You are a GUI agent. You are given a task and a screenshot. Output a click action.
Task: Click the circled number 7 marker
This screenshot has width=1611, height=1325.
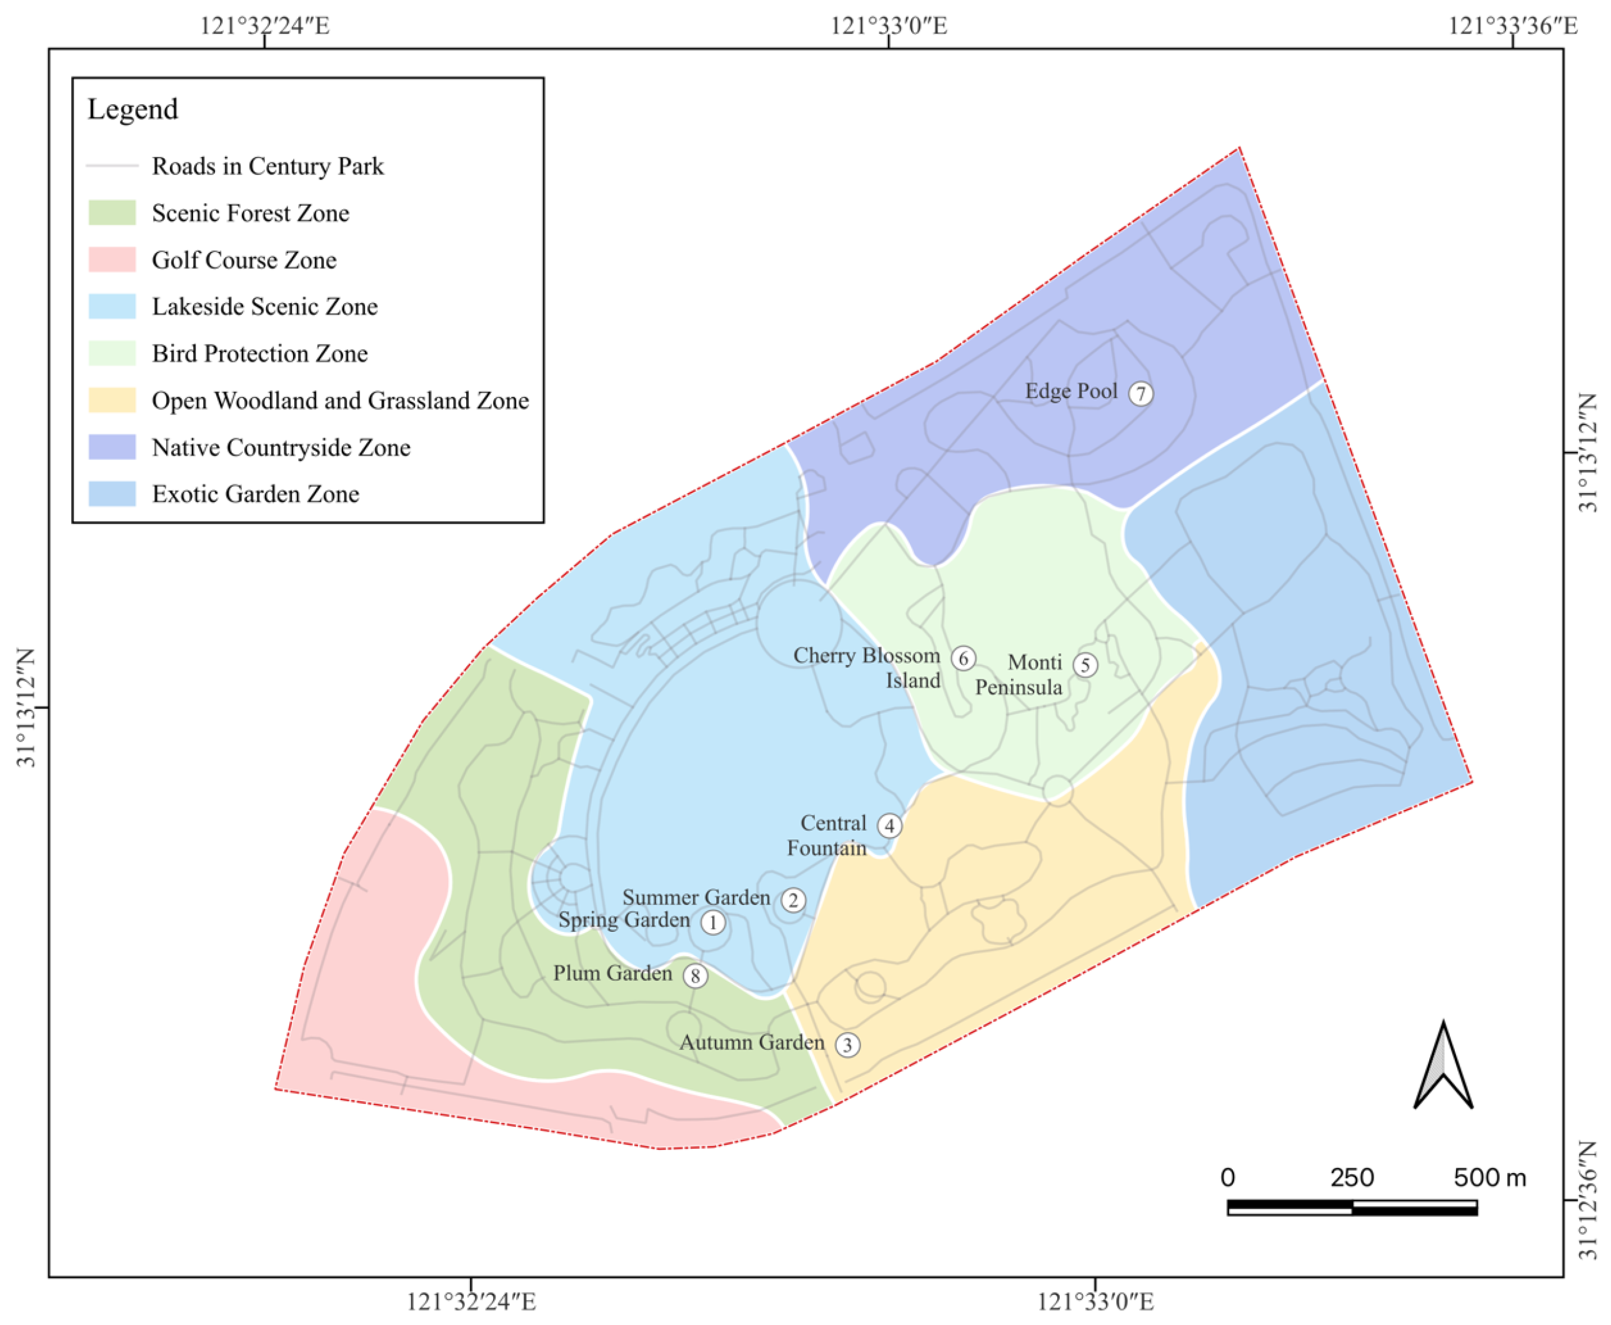(x=1140, y=394)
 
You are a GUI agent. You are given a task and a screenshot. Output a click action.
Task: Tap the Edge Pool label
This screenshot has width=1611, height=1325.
(x=1070, y=391)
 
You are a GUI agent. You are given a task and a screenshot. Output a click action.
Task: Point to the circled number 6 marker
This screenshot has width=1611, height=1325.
(x=963, y=658)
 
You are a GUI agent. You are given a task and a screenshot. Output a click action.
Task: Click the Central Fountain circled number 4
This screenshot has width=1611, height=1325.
(x=889, y=826)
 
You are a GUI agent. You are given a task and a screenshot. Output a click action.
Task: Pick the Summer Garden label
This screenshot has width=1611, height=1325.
(x=696, y=897)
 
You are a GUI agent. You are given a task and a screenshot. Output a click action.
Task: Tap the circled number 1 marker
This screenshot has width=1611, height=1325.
(x=713, y=922)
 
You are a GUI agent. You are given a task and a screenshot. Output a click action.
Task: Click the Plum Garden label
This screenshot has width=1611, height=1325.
(x=612, y=974)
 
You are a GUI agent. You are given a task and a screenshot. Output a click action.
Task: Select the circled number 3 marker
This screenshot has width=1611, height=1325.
(x=847, y=1045)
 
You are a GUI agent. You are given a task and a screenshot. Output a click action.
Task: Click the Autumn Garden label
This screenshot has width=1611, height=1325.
(x=752, y=1043)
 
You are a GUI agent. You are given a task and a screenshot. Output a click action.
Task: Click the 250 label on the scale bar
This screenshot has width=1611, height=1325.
(x=1352, y=1177)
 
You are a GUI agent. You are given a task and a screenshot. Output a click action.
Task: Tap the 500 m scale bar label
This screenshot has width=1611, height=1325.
(x=1489, y=1177)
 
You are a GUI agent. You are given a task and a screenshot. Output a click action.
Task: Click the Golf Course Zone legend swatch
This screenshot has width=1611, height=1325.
(x=112, y=259)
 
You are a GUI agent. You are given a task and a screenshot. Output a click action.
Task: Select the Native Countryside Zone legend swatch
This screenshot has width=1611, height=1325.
(x=112, y=447)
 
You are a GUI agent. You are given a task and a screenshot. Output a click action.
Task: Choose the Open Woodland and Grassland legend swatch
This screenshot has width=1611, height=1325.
(x=112, y=400)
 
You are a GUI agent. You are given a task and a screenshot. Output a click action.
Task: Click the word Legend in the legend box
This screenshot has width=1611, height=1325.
(x=132, y=109)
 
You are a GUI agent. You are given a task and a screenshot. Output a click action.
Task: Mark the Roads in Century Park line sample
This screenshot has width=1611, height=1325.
(x=112, y=166)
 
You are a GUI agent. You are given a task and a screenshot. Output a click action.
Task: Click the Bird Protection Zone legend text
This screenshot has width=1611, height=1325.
(x=259, y=353)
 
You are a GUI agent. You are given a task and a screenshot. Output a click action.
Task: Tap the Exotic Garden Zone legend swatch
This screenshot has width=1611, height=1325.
(x=112, y=494)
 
